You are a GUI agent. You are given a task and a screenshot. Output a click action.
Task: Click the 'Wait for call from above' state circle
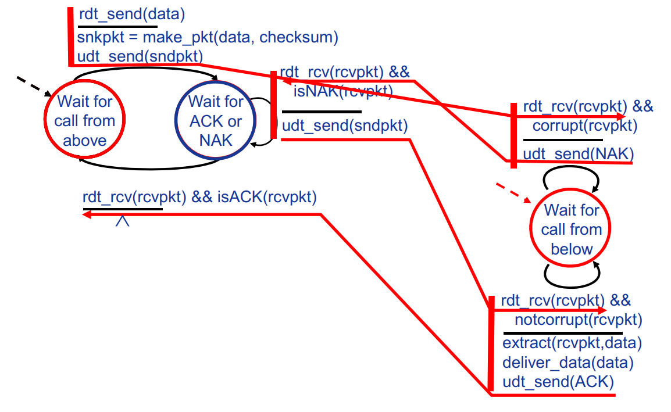[x=85, y=121]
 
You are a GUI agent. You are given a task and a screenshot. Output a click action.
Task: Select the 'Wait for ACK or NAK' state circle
[x=216, y=121]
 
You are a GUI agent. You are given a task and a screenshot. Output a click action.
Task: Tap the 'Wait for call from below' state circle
[x=571, y=229]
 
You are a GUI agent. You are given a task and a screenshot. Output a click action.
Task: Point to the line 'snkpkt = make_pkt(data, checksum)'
[x=208, y=38]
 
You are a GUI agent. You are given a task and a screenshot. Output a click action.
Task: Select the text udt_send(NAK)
[x=578, y=154]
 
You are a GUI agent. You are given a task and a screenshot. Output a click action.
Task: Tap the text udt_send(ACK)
[x=558, y=382]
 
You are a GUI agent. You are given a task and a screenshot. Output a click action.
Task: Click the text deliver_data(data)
[x=568, y=363]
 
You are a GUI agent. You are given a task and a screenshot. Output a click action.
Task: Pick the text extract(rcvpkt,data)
[x=572, y=343]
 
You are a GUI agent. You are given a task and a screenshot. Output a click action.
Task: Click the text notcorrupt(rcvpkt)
[x=578, y=319]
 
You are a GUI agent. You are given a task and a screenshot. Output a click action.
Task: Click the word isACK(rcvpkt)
[x=267, y=198]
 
